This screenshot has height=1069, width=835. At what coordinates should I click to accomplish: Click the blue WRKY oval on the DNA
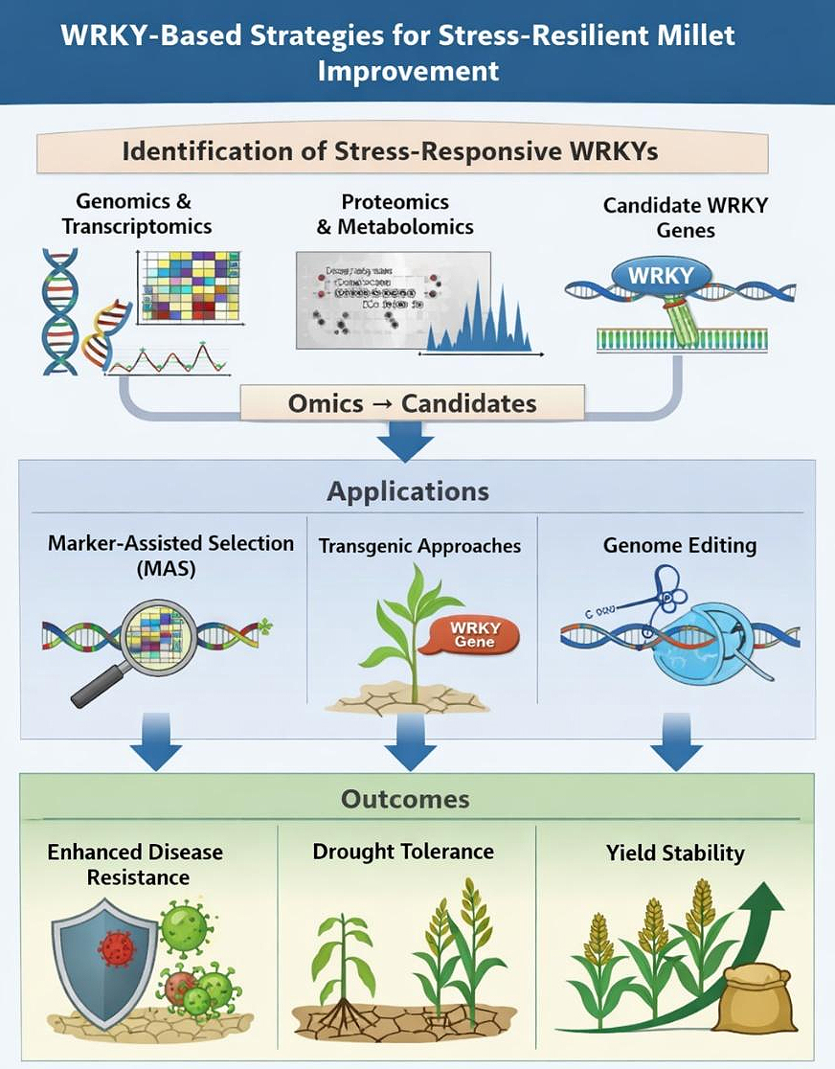(x=660, y=277)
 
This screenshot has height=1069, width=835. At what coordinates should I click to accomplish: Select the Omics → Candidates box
(x=412, y=403)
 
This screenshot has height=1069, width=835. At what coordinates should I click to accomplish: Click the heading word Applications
(x=408, y=491)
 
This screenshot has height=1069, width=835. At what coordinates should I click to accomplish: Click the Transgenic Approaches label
(x=419, y=546)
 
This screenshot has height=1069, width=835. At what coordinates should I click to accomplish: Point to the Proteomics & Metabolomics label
(x=395, y=215)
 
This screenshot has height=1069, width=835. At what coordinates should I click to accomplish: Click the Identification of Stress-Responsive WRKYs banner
(x=402, y=151)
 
